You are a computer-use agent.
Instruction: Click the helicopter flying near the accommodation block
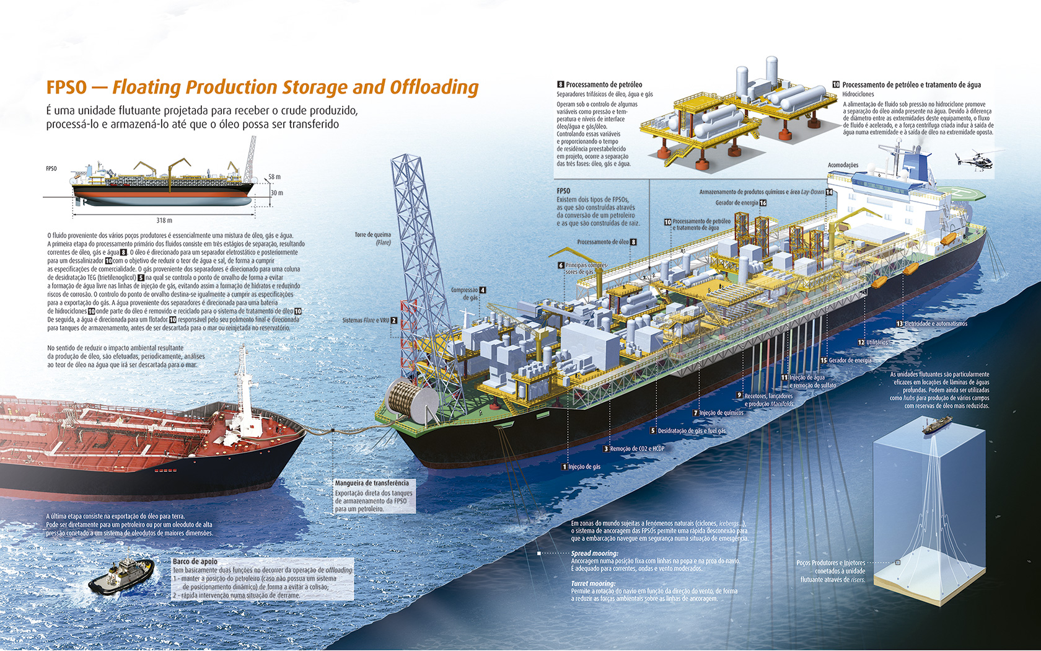pos(975,159)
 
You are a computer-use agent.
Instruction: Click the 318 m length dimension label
pos(164,220)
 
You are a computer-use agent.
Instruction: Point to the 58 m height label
pos(274,177)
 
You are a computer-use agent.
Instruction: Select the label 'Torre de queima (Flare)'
pos(373,238)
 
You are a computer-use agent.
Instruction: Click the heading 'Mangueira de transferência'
pos(372,483)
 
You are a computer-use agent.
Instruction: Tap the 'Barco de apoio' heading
pos(195,561)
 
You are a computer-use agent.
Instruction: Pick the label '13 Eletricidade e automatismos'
pos(932,324)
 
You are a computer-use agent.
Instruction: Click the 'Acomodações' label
pos(843,165)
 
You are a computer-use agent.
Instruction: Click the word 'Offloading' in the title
pos(434,87)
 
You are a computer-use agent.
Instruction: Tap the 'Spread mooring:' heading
pos(594,553)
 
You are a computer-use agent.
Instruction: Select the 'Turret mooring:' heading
pos(593,583)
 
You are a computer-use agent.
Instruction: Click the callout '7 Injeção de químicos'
pos(718,413)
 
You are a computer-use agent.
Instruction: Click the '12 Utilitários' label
pos(873,342)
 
